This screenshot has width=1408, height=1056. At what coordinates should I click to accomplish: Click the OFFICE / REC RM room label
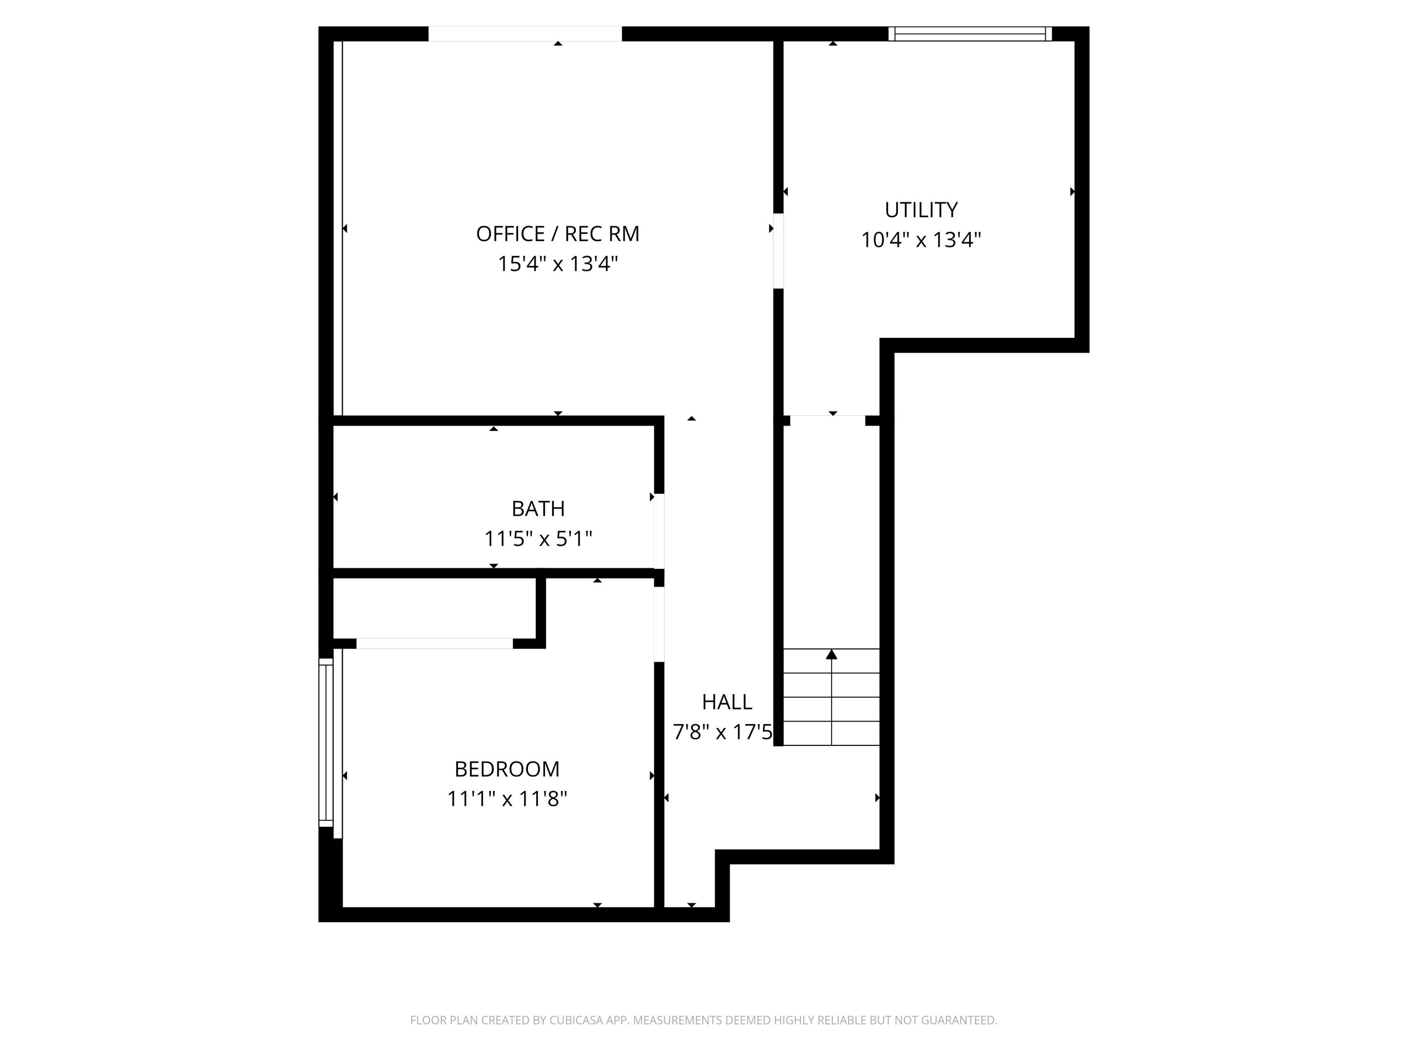pos(558,234)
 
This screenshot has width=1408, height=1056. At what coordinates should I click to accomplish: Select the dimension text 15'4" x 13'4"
pos(558,263)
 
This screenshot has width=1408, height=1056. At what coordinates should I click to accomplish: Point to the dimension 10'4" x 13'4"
pos(920,240)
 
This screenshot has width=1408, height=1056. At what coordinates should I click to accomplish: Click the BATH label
pos(538,509)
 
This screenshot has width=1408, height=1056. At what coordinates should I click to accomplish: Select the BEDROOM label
pos(507,769)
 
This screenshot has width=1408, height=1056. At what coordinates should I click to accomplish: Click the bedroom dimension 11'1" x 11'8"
pos(507,799)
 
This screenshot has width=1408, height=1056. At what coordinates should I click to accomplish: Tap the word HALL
pos(727,702)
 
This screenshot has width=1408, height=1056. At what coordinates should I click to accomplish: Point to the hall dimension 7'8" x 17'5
pos(722,732)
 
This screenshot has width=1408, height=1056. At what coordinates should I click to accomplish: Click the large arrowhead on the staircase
pos(831,654)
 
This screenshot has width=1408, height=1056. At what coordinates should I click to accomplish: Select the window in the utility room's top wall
pos(970,34)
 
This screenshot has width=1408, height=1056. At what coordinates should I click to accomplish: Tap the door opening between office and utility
pos(778,251)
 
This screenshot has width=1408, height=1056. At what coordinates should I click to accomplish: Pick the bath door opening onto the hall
pos(659,531)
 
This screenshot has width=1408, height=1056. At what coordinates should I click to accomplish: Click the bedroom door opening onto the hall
pos(659,624)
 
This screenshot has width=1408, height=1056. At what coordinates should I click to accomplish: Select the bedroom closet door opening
pos(434,643)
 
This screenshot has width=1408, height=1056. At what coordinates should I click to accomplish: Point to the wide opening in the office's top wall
pos(525,34)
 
